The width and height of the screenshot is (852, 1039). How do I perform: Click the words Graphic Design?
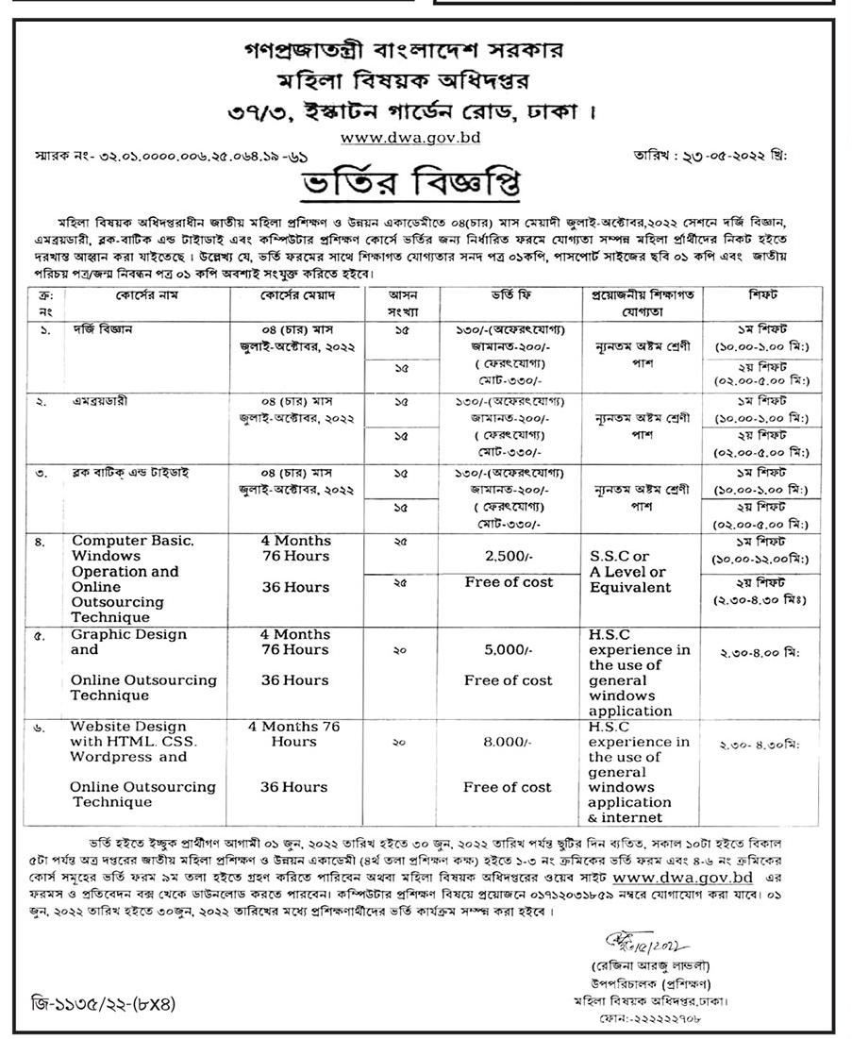click(x=128, y=634)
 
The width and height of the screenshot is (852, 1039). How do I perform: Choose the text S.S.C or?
click(x=620, y=557)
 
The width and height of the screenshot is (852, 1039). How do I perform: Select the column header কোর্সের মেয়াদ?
click(x=295, y=294)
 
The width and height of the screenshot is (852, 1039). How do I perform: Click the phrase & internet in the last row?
click(x=625, y=817)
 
